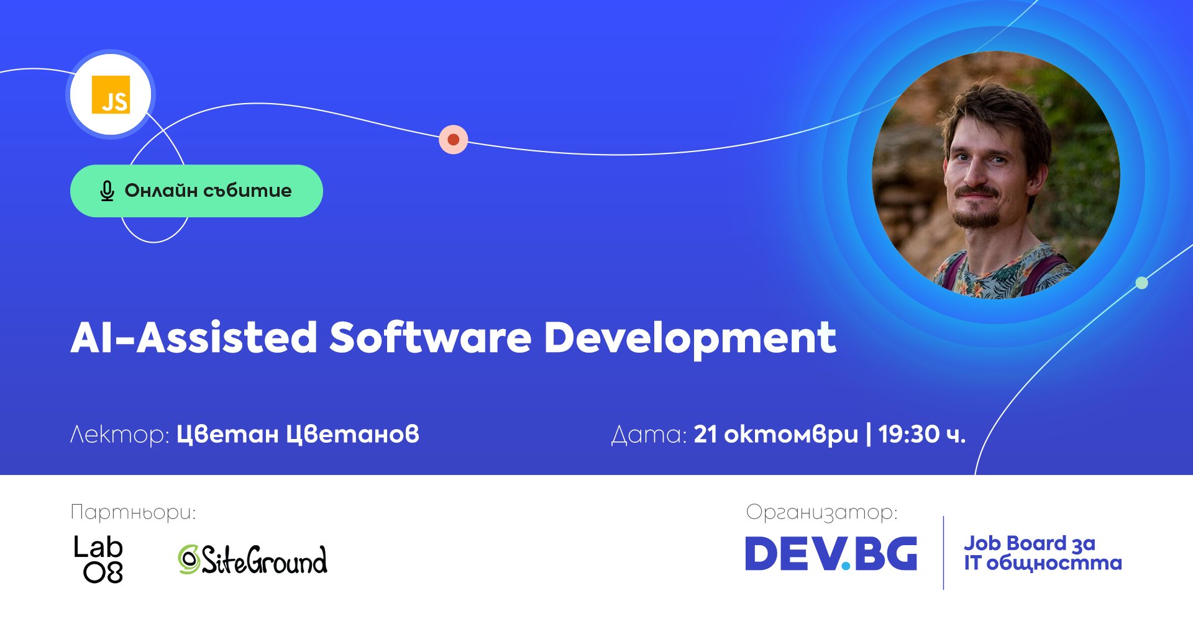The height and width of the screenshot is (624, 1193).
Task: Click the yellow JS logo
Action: point(111,94)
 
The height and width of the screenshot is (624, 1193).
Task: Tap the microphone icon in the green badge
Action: point(107,191)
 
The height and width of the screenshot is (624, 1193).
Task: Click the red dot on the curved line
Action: point(454,140)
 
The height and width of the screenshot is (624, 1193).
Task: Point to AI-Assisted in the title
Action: point(194,338)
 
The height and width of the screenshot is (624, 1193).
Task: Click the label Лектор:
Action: point(120,434)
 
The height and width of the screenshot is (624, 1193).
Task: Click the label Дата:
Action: point(649,435)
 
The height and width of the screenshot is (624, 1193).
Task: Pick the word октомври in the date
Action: point(791,435)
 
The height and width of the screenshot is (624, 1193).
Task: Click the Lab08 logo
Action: point(99,559)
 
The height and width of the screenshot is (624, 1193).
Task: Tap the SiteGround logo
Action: point(252,559)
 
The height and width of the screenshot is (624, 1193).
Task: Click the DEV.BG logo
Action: point(831,553)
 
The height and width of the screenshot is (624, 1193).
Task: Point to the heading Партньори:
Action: point(134,513)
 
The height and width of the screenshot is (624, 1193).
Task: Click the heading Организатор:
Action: point(822,512)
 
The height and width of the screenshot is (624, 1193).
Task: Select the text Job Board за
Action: point(1030,543)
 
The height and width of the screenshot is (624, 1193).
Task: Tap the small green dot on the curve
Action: point(1141,283)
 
